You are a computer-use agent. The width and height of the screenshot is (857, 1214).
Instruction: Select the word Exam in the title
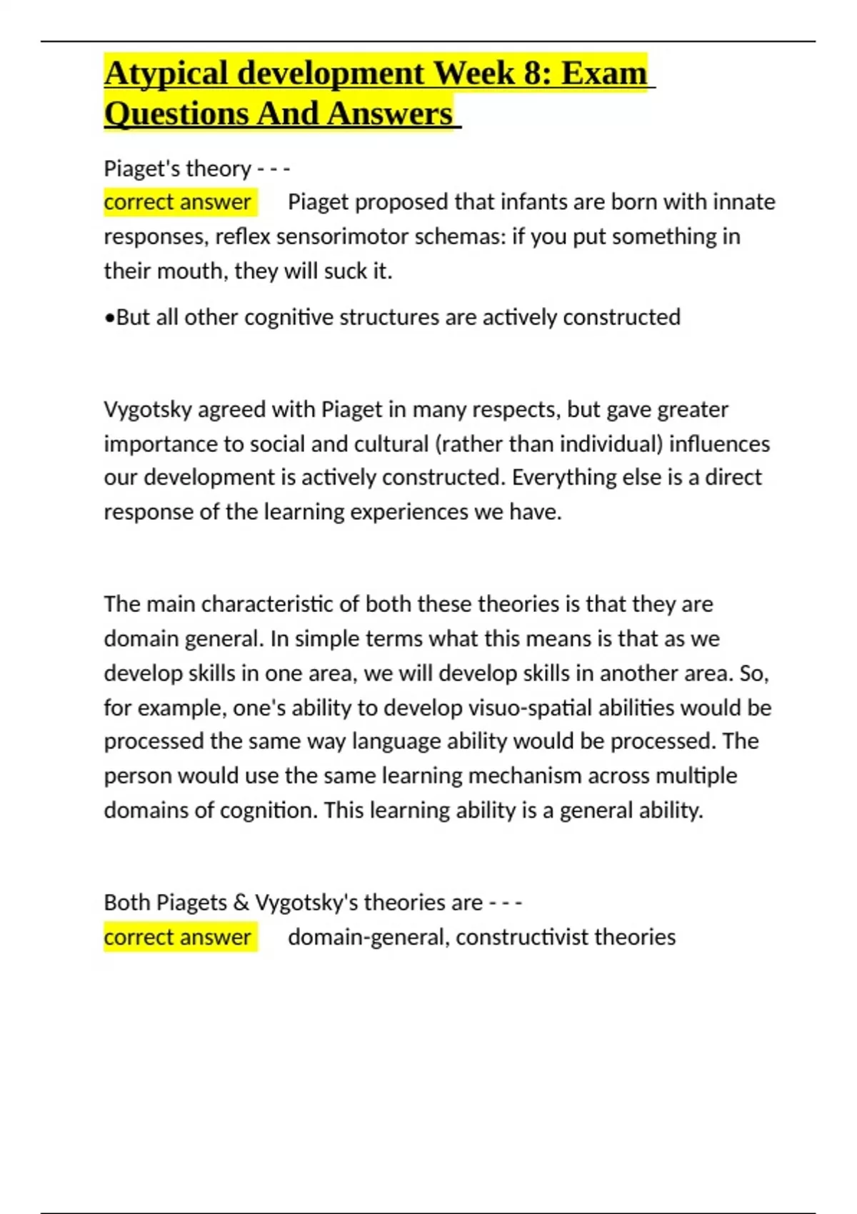[x=604, y=74]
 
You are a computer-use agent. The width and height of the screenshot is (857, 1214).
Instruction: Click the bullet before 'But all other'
[x=109, y=318]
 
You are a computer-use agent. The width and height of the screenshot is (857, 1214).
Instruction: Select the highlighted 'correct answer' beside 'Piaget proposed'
[x=177, y=202]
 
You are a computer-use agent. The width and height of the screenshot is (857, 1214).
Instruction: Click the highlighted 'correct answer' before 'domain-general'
[x=177, y=937]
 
